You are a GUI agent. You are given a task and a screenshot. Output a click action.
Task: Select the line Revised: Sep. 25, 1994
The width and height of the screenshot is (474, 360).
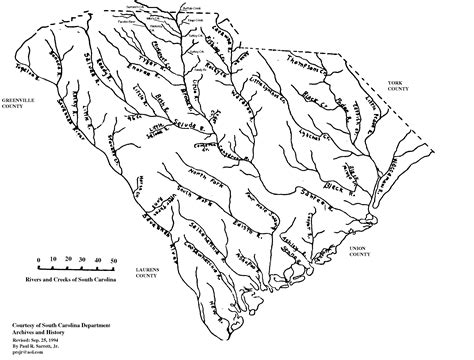46,340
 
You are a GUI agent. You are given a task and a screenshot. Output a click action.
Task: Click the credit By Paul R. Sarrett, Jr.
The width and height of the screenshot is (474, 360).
49,347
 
